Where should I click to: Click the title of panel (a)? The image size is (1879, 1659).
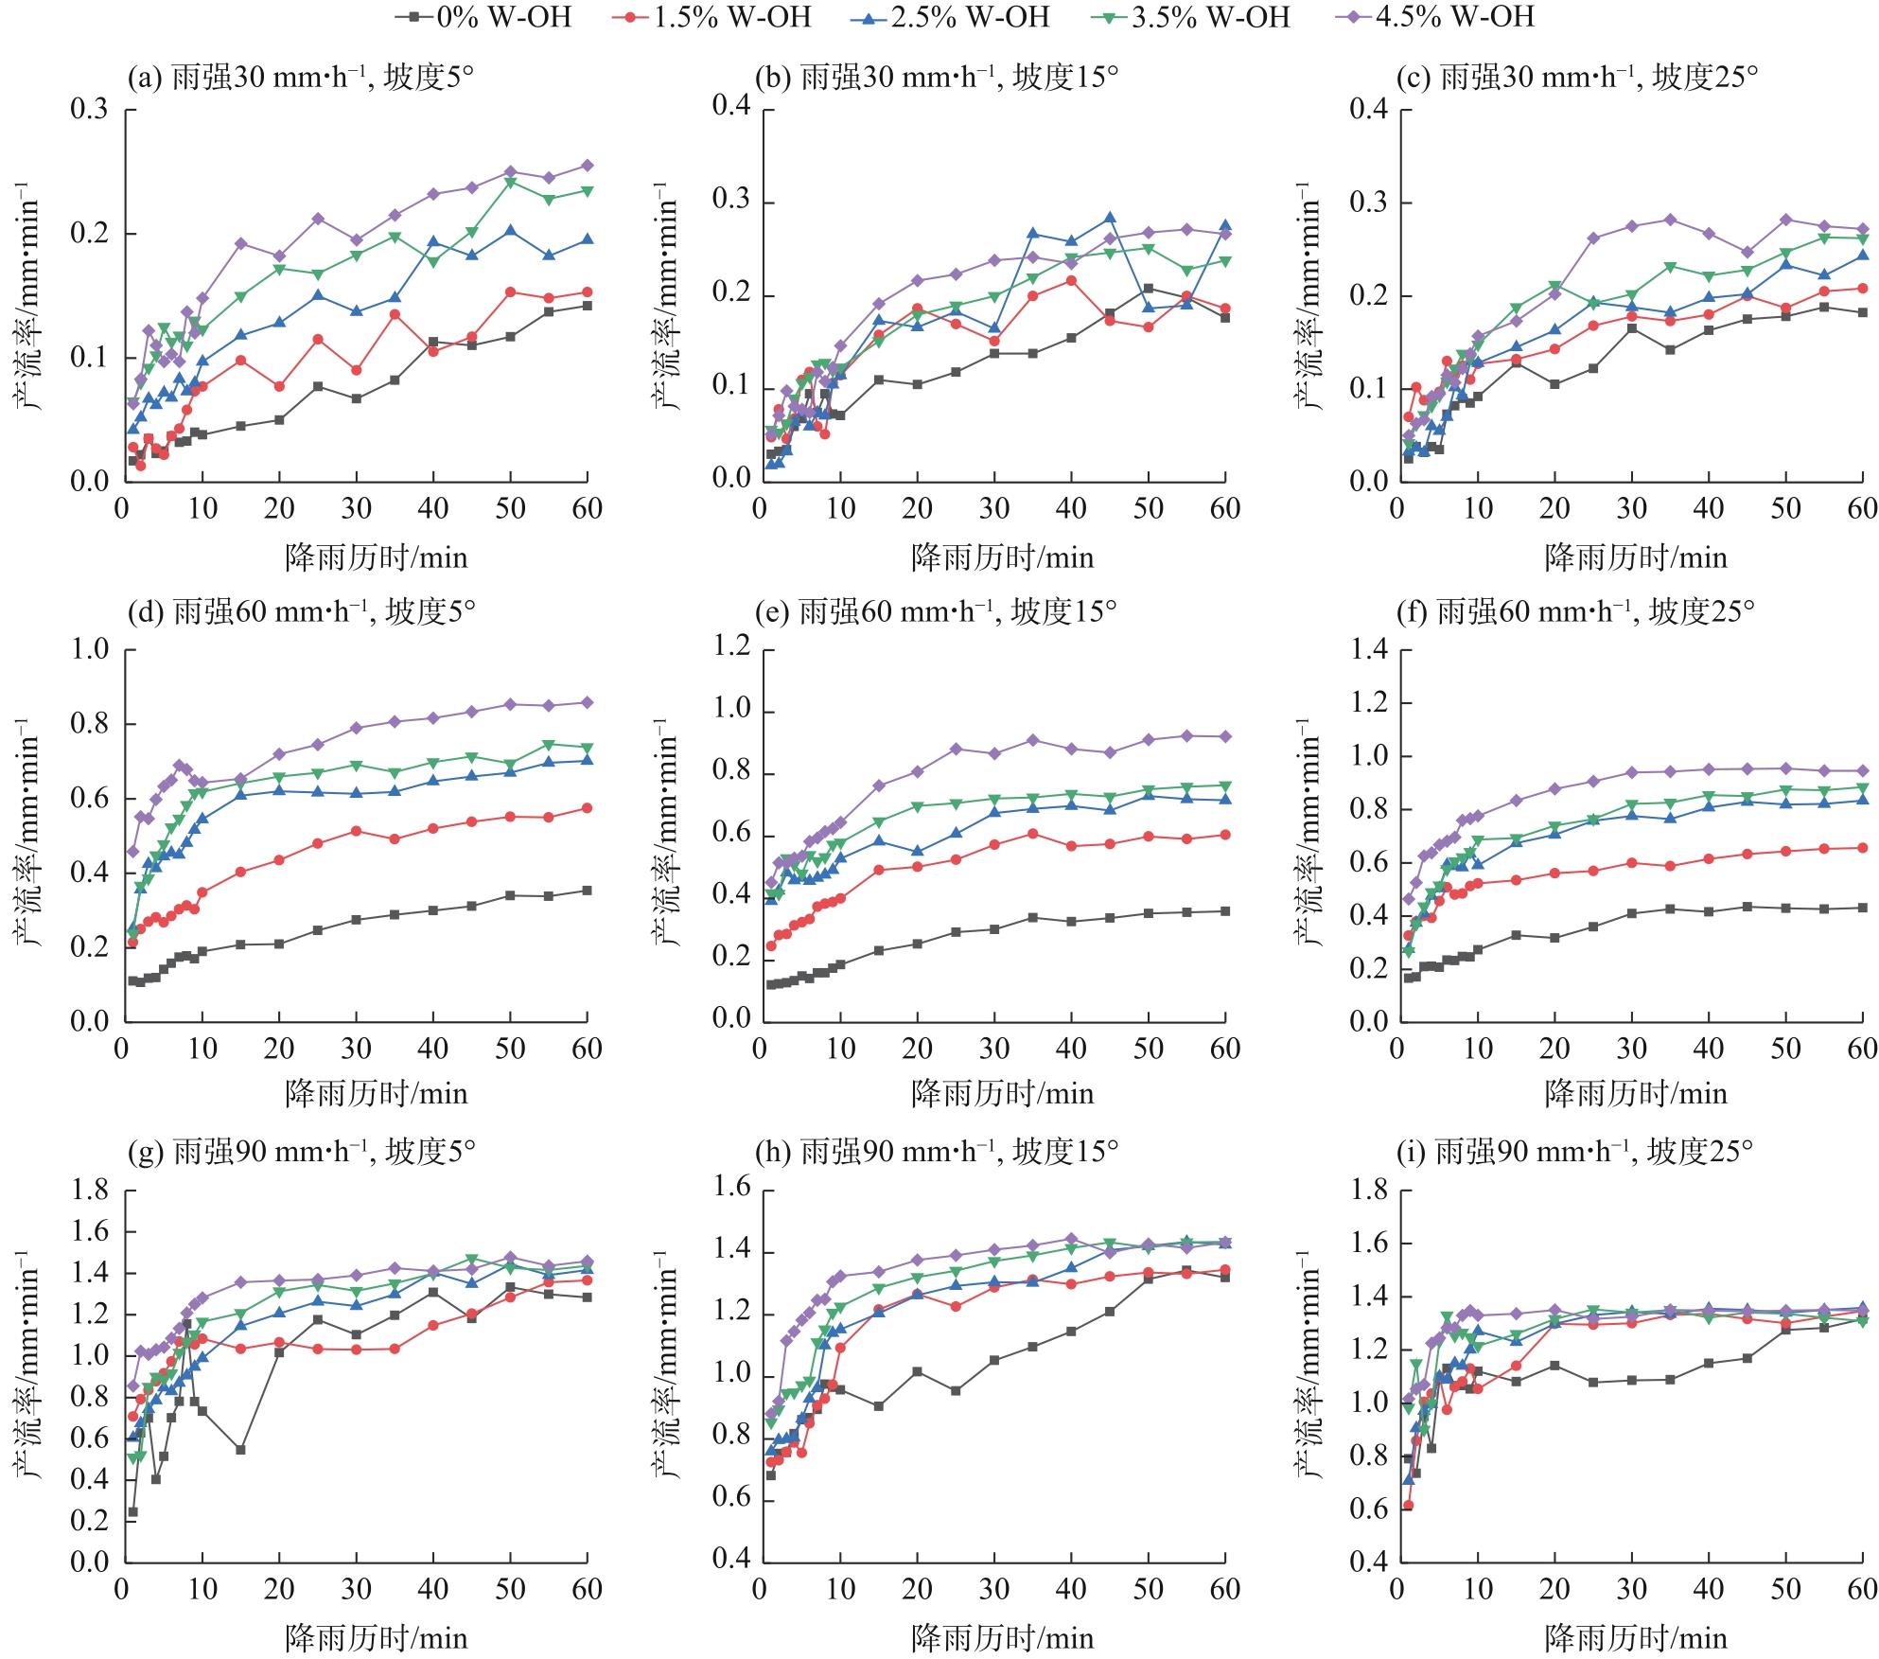(x=301, y=78)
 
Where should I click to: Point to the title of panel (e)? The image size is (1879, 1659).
(x=936, y=612)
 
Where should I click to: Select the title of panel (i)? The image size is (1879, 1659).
(x=1574, y=1152)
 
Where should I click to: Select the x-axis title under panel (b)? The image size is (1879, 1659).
(x=1002, y=557)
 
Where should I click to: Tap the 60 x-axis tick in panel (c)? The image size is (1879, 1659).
(x=1862, y=509)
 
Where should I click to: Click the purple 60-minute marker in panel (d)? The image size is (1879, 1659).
(x=587, y=702)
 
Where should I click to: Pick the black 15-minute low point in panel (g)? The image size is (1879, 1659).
(x=240, y=1449)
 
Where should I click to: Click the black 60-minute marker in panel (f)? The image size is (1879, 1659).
(x=1862, y=907)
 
